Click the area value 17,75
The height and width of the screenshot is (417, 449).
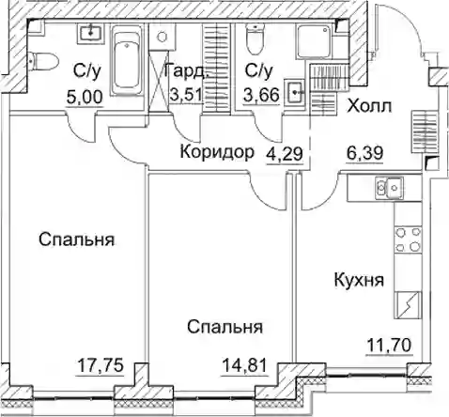(101, 365)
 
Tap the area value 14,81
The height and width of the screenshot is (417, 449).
(245, 365)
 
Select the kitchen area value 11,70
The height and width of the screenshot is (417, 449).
(389, 347)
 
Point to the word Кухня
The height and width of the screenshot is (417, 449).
(359, 280)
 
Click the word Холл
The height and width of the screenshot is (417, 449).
(369, 106)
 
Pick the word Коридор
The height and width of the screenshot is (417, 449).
(217, 152)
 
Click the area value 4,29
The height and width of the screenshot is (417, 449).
(285, 154)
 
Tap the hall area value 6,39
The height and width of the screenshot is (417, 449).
(364, 153)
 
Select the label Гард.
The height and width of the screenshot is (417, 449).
(186, 72)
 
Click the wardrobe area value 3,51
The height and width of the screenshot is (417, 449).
(185, 94)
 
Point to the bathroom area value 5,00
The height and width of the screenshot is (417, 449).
(85, 98)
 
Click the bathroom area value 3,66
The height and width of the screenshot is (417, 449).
(261, 95)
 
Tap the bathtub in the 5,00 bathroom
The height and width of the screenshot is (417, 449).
(127, 60)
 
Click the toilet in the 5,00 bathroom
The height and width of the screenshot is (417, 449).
(43, 61)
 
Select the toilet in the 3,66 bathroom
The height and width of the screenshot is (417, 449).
(254, 39)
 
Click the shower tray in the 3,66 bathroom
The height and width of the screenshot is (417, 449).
(314, 42)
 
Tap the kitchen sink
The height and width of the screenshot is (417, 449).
(389, 188)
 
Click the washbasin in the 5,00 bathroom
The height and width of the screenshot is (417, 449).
(90, 33)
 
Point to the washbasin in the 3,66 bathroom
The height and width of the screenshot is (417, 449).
(295, 92)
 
